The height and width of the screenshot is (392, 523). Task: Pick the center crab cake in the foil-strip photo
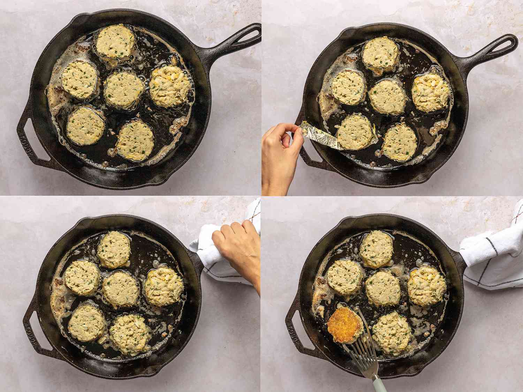(387, 96)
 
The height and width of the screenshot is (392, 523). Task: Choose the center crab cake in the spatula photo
(383, 288)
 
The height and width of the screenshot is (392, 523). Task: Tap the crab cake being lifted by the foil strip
(353, 131)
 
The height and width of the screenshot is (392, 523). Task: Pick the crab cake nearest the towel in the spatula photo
(427, 285)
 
